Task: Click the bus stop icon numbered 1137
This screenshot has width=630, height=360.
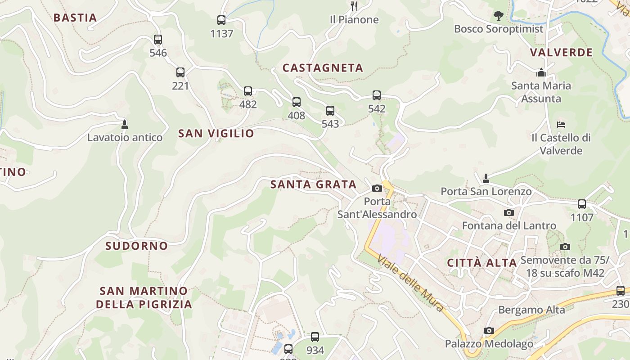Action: (221, 20)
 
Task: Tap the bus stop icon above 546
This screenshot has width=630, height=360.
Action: (157, 40)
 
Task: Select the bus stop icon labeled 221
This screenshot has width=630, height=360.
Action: (180, 72)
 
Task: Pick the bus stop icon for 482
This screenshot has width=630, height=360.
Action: (248, 91)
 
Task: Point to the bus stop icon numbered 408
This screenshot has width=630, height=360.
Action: (296, 102)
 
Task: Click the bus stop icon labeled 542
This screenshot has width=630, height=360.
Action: (377, 95)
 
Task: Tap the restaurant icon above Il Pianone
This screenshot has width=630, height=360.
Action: (354, 6)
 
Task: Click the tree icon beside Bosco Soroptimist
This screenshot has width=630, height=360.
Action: (498, 16)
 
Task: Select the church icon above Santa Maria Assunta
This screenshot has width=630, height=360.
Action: (541, 72)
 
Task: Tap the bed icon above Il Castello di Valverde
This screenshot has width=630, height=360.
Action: (561, 124)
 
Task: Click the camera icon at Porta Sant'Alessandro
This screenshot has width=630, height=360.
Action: (377, 189)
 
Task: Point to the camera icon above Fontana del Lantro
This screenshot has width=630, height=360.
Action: (509, 213)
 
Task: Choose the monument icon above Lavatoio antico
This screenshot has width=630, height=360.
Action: (125, 124)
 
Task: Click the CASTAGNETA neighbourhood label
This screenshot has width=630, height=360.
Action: (323, 68)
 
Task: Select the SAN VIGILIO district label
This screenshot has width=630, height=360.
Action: (216, 133)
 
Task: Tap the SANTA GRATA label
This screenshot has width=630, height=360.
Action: (313, 184)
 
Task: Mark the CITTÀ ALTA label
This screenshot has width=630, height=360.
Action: (481, 263)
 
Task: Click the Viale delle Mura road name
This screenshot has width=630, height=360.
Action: (410, 283)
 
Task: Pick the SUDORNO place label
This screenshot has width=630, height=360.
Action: (136, 246)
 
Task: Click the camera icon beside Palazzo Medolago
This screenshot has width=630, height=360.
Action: (489, 331)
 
